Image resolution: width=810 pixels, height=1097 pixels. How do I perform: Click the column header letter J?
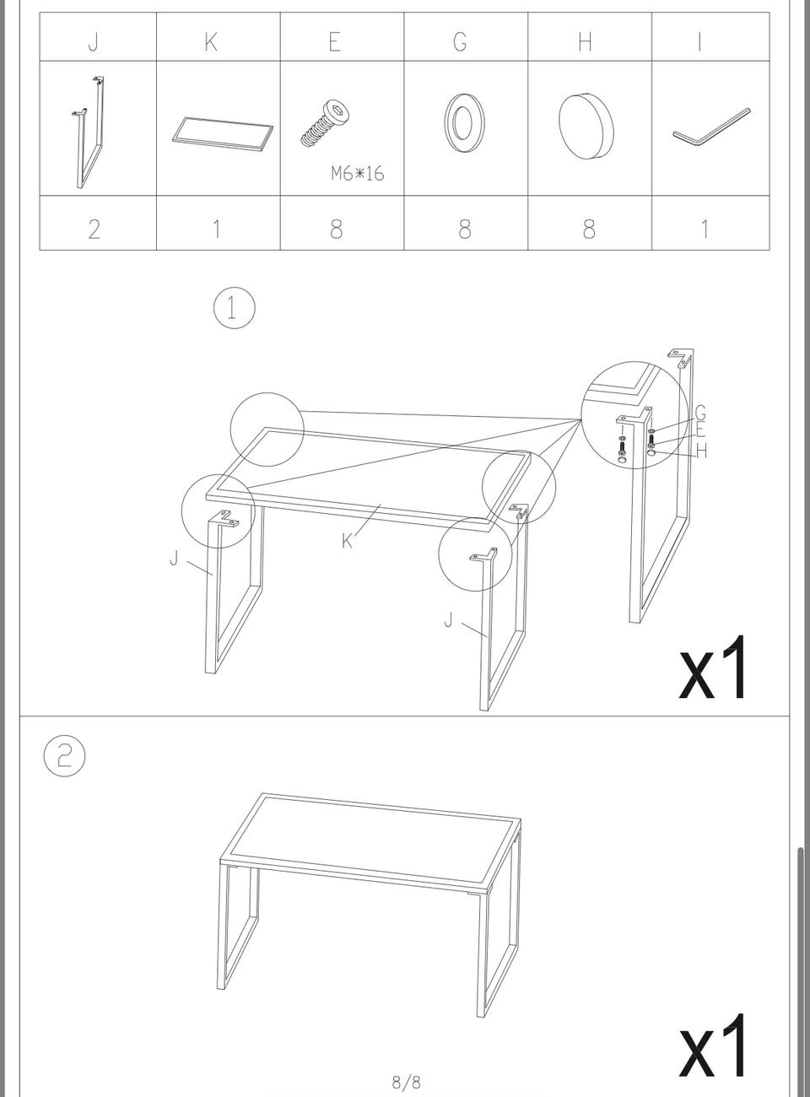click(94, 41)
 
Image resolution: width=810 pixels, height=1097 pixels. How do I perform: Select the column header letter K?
click(211, 41)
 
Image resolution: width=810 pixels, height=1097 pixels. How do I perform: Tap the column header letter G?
click(460, 41)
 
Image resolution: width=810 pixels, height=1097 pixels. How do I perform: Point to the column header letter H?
click(585, 41)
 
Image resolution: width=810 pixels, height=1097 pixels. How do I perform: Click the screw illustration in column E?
click(326, 124)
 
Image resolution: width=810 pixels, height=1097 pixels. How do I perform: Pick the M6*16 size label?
click(357, 173)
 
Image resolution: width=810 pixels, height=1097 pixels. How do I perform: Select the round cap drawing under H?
click(586, 126)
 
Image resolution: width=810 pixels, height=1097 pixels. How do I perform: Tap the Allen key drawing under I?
click(711, 127)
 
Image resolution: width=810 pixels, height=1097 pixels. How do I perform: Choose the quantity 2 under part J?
click(94, 229)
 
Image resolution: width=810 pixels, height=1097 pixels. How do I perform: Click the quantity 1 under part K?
click(216, 229)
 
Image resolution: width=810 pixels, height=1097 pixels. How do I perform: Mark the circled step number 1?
click(235, 308)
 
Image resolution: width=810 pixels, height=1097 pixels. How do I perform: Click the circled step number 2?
click(65, 755)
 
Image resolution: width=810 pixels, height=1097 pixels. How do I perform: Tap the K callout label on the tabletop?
click(347, 542)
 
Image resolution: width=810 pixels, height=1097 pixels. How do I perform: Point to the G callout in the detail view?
click(700, 412)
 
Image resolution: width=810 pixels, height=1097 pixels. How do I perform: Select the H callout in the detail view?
click(701, 451)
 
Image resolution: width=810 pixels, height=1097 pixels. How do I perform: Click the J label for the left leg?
click(173, 559)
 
